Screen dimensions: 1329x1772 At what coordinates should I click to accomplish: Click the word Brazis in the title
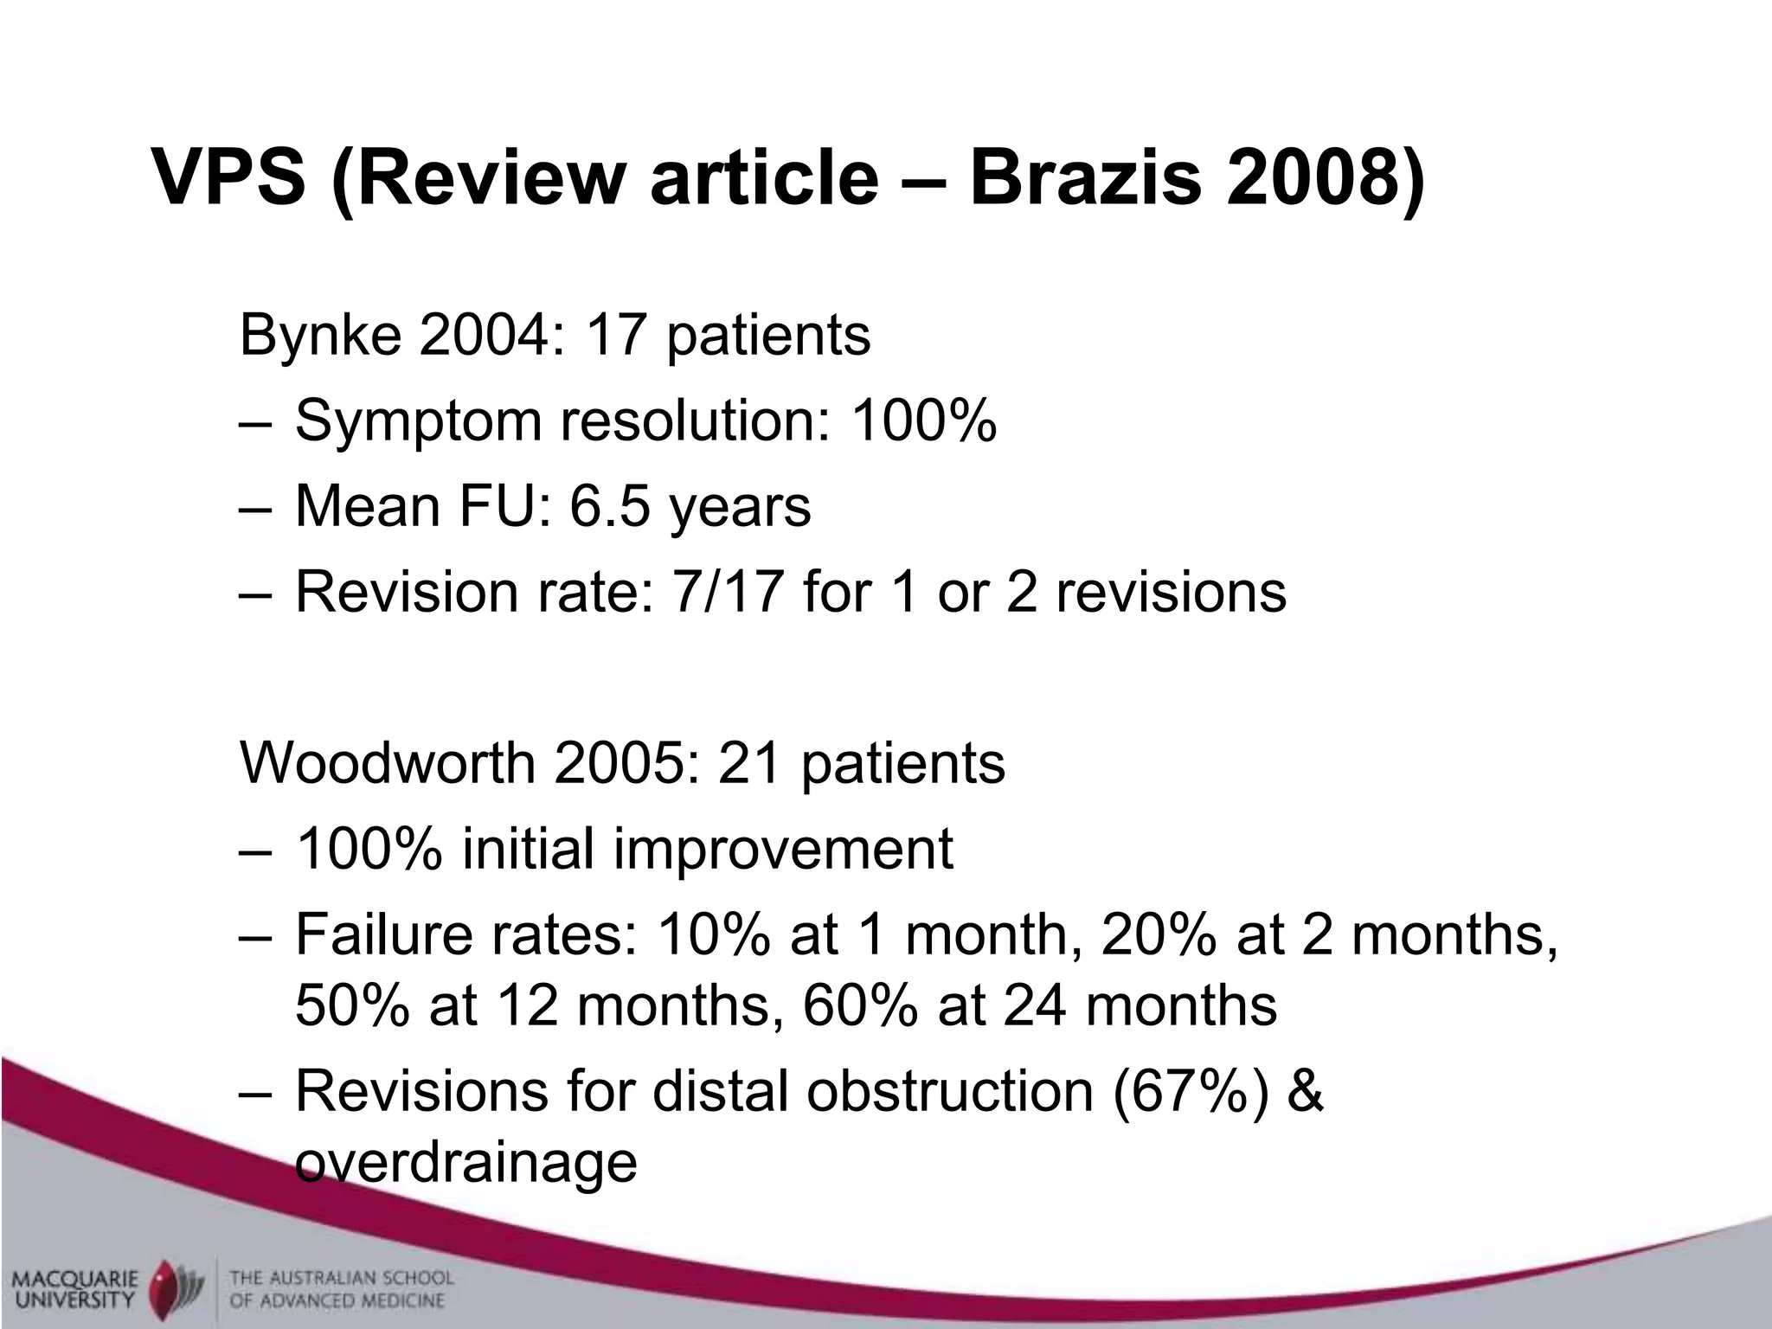tap(1085, 178)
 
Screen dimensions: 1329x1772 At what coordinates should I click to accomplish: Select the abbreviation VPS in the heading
tap(229, 178)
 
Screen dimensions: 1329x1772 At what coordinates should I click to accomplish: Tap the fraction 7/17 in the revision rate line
tap(725, 592)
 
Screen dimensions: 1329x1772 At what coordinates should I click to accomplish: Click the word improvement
tap(782, 849)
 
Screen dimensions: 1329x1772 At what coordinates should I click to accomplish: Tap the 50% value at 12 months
tap(351, 1005)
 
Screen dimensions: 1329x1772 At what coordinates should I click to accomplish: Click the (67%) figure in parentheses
tap(1191, 1092)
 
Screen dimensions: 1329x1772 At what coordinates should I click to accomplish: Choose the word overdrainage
tap(466, 1161)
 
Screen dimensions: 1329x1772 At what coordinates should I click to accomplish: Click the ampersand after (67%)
tap(1305, 1092)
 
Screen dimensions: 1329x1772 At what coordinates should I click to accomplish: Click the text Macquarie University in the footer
tap(75, 1288)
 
